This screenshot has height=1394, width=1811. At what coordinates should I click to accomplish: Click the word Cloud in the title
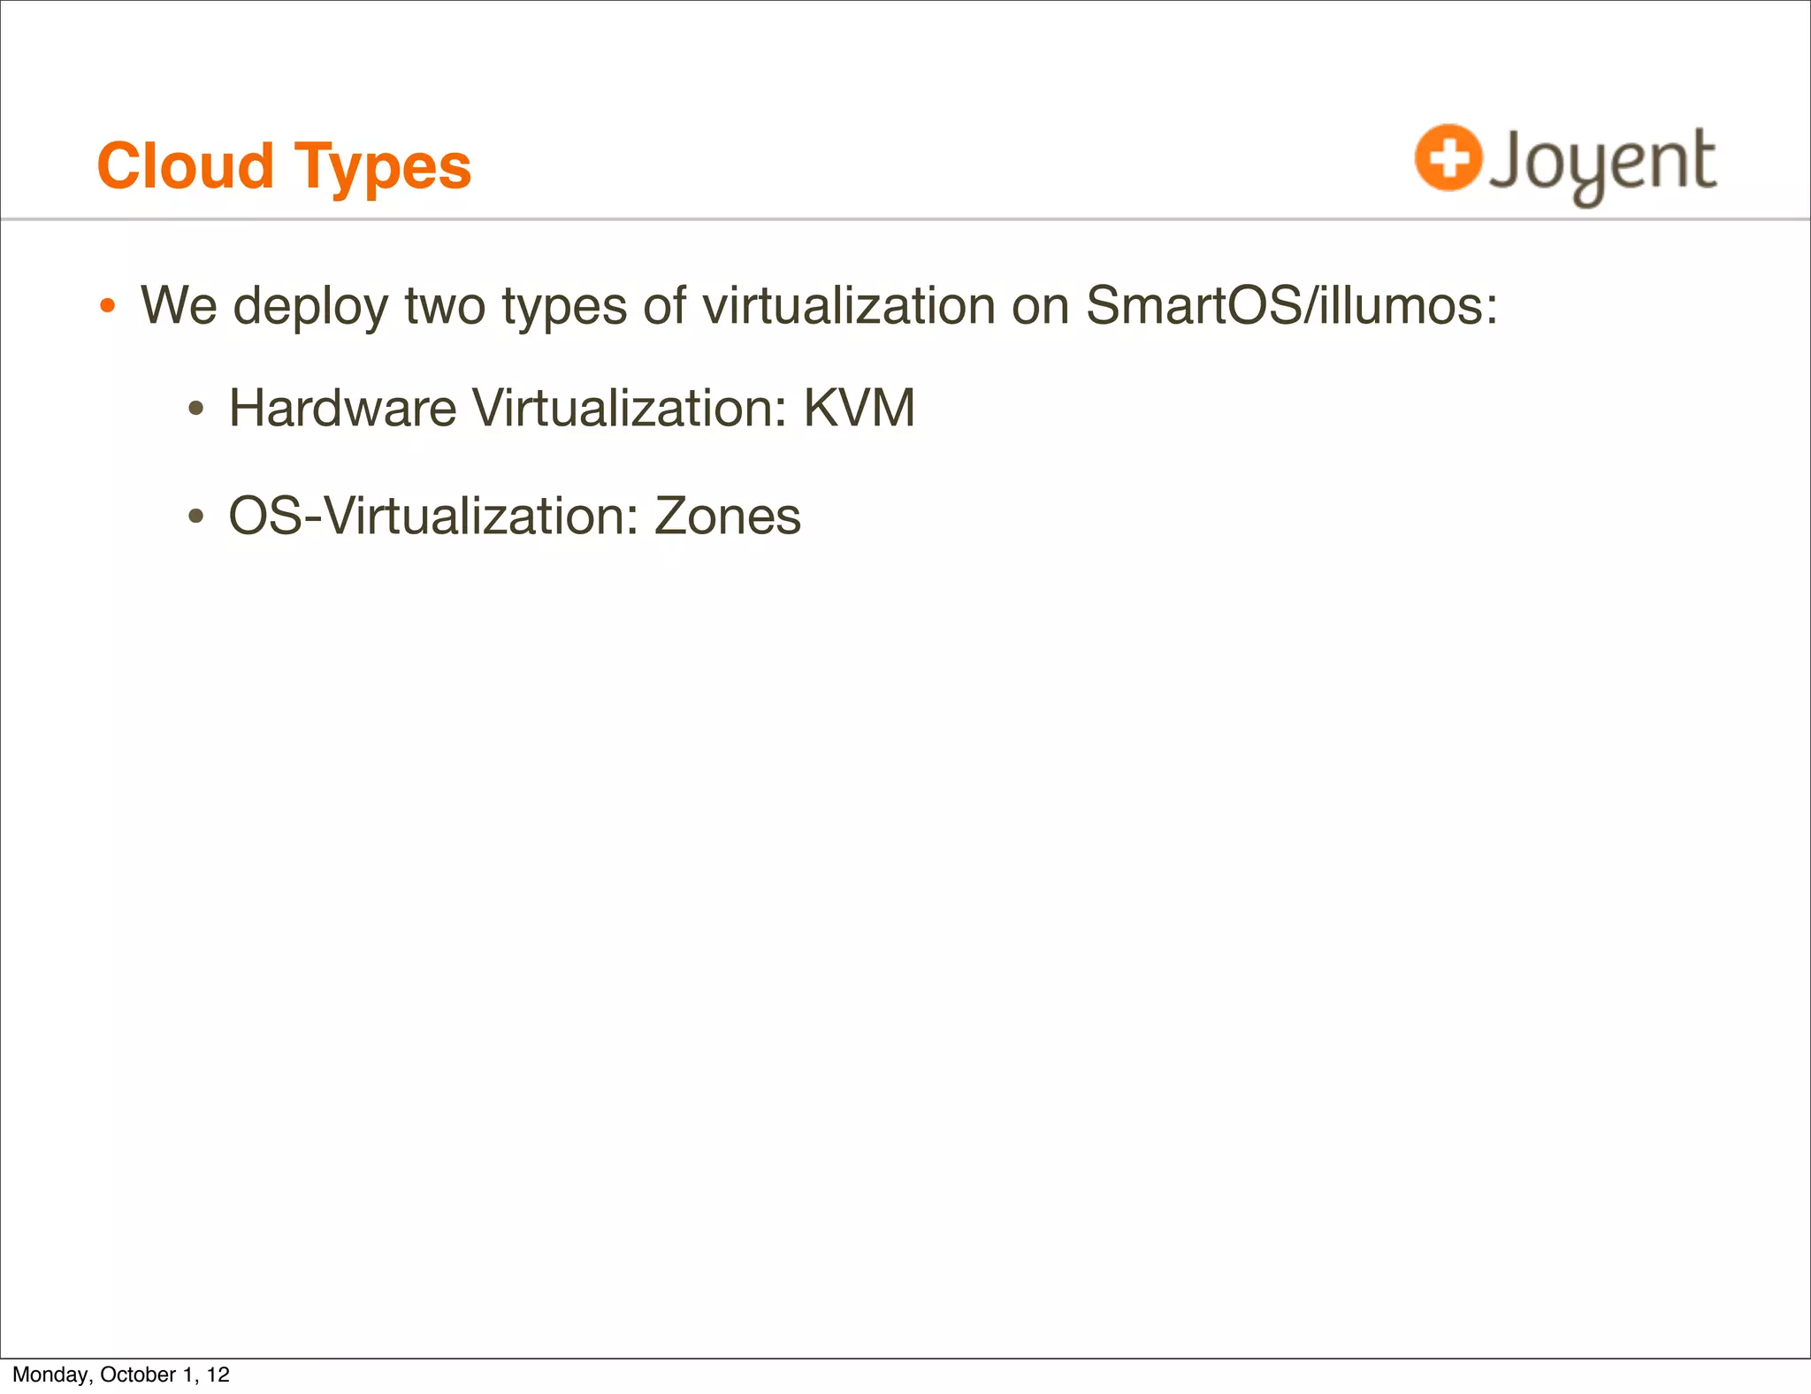pyautogui.click(x=186, y=166)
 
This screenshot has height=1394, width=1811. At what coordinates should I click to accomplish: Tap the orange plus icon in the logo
pyautogui.click(x=1448, y=157)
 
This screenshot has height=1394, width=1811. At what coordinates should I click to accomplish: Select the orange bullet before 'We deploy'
pyautogui.click(x=107, y=307)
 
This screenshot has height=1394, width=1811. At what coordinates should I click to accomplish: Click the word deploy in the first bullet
pyautogui.click(x=310, y=307)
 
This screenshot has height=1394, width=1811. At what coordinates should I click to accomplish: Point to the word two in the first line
pyautogui.click(x=445, y=306)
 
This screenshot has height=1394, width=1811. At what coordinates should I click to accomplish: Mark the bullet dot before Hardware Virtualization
pyautogui.click(x=196, y=410)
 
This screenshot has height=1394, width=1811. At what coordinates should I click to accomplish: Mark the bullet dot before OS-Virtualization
pyautogui.click(x=196, y=517)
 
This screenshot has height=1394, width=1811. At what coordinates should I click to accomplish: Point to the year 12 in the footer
pyautogui.click(x=218, y=1375)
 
